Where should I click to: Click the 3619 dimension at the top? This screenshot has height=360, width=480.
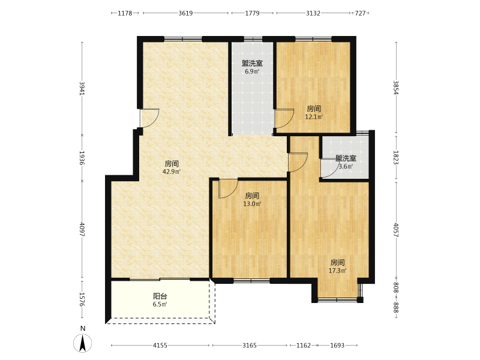[185, 13]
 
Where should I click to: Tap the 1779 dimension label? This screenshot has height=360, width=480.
[252, 13]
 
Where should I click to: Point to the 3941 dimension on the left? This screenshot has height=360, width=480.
[82, 88]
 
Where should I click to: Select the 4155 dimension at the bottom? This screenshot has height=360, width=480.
[160, 346]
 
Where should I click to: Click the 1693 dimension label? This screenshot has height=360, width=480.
[337, 346]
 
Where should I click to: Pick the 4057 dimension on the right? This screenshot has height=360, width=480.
[396, 230]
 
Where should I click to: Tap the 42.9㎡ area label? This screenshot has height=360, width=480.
[172, 172]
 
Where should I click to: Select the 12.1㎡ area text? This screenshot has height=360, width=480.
[314, 116]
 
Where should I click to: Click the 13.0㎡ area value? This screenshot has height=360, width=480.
[252, 203]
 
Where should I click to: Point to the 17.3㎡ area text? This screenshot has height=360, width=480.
[337, 271]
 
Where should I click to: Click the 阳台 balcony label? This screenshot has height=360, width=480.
[160, 296]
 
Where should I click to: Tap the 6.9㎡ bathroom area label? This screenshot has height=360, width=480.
[252, 71]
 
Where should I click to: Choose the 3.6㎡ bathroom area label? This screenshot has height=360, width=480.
[346, 167]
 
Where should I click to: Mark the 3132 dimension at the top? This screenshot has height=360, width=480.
[313, 13]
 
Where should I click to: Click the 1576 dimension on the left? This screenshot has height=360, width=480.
[82, 299]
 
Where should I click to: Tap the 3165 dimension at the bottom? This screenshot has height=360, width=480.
[250, 346]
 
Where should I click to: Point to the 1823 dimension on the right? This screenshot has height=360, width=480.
[396, 158]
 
